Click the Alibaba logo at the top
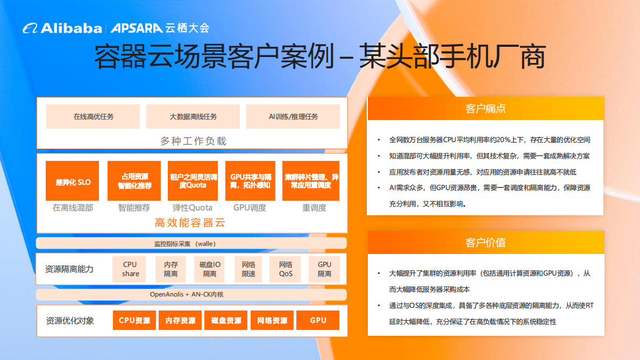pos(62,28)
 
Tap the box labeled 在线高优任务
pos(93,116)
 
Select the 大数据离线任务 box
pos(193,116)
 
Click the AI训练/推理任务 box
pos(293,116)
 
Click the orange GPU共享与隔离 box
pos(250,181)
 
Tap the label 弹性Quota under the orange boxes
pos(192,208)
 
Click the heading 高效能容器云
pos(190,222)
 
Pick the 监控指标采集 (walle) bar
pos(191,243)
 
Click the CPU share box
pos(130,269)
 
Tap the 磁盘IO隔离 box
pos(210,269)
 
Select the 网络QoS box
pos(286,269)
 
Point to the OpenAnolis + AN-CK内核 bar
pos(191,294)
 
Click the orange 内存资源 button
pos(180,320)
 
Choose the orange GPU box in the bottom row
pos(318,320)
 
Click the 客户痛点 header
pos(485,109)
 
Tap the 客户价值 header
pos(485,243)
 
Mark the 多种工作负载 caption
pos(193,141)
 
